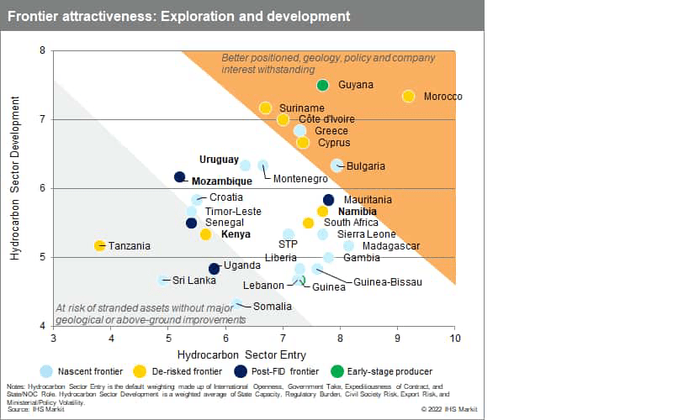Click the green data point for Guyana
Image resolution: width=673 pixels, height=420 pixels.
click(x=322, y=85)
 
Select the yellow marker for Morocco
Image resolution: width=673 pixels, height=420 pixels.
click(x=408, y=97)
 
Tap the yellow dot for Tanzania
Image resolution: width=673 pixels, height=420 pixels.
click(x=100, y=245)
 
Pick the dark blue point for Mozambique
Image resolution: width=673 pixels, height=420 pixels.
click(x=179, y=177)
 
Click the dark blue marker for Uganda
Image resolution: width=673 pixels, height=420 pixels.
click(x=214, y=269)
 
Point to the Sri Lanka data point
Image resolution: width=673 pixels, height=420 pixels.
click(x=163, y=280)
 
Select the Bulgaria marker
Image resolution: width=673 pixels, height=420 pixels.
click(x=336, y=165)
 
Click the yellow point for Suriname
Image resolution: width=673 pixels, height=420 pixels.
click(x=265, y=108)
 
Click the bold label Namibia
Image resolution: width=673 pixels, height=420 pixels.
click(x=357, y=212)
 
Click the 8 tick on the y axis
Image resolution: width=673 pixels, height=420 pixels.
click(x=42, y=50)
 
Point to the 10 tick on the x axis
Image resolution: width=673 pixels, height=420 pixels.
click(x=455, y=338)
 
